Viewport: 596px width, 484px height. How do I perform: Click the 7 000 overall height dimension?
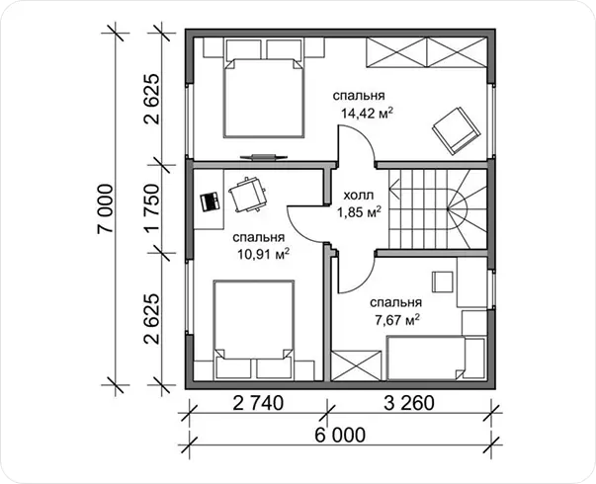point(106,208)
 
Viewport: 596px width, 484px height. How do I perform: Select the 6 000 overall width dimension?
point(339,435)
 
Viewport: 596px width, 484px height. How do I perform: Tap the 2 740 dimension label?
point(258,403)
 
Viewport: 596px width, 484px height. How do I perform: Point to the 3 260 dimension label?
point(408,403)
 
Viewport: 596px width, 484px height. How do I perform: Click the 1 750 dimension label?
point(151,208)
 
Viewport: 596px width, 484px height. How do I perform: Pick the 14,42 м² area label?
point(367,113)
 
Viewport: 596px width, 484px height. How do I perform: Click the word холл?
point(359,196)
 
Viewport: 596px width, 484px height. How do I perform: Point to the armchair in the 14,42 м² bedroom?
point(456,130)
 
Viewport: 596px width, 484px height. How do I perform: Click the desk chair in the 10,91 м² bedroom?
point(247,195)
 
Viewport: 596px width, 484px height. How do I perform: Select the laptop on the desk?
point(210,202)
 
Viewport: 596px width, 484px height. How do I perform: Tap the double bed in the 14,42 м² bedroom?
point(264,97)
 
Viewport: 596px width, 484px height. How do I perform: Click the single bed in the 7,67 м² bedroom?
point(426,359)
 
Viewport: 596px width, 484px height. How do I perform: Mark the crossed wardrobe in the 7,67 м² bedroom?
point(356,365)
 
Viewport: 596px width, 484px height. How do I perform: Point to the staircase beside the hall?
point(438,208)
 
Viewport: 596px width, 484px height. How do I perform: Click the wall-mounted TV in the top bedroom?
point(262,157)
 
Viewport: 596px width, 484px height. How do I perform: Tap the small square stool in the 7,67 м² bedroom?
point(443,282)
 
